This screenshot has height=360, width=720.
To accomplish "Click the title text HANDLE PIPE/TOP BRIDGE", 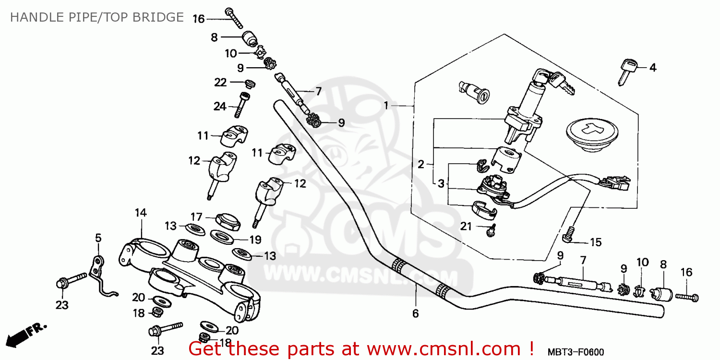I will pyautogui.click(x=96, y=17).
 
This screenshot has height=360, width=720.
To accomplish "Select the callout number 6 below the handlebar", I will pyautogui.click(x=415, y=314).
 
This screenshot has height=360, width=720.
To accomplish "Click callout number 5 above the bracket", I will pyautogui.click(x=98, y=238).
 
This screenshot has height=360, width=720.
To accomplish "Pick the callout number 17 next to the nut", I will pyautogui.click(x=196, y=216).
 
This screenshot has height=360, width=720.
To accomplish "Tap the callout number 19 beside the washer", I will pyautogui.click(x=255, y=239).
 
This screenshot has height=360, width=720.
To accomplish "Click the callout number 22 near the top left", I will pyautogui.click(x=220, y=83).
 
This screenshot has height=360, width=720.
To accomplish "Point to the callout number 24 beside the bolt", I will pyautogui.click(x=220, y=107).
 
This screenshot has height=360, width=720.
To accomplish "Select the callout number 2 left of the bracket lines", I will pyautogui.click(x=421, y=165).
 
